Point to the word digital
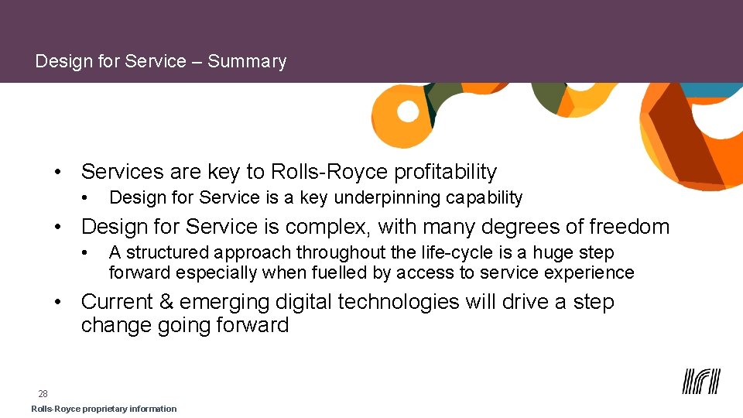(302, 302)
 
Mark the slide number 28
(43, 394)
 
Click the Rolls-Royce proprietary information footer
(104, 409)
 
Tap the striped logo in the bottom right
(701, 382)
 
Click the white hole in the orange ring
(408, 111)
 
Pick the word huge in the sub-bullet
(551, 253)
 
